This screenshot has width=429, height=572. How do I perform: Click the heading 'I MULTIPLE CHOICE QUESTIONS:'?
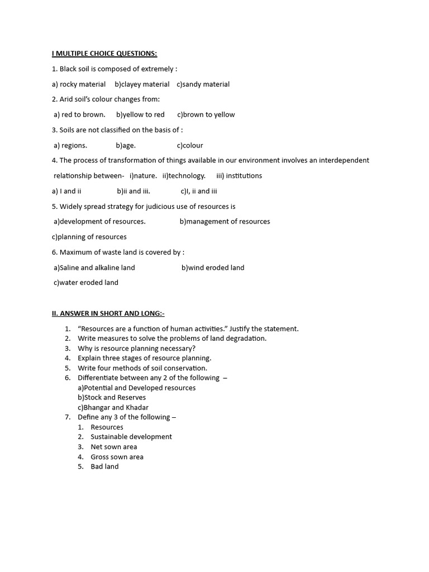click(x=104, y=54)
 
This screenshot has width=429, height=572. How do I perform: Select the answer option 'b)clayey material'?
click(x=142, y=84)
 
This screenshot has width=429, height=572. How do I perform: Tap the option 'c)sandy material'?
click(x=203, y=84)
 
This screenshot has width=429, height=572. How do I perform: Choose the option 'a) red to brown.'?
click(x=79, y=115)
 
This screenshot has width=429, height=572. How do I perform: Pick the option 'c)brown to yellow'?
click(x=206, y=115)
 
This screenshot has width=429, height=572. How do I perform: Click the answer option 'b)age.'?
click(x=126, y=145)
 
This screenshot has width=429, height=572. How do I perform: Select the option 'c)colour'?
click(x=190, y=145)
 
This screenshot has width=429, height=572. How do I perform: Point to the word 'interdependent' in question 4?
click(x=342, y=160)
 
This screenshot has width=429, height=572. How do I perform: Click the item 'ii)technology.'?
click(x=184, y=175)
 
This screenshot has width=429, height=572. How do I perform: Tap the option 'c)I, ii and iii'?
click(x=198, y=191)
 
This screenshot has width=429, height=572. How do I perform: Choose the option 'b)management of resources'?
click(x=225, y=221)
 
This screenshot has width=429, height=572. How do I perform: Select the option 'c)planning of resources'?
click(x=89, y=237)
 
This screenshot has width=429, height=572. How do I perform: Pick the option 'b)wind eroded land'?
click(x=213, y=268)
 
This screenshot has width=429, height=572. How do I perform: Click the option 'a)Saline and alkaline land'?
click(x=94, y=268)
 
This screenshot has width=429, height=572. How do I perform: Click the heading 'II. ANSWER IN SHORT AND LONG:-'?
click(x=108, y=313)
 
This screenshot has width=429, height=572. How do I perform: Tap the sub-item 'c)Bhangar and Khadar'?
click(x=113, y=408)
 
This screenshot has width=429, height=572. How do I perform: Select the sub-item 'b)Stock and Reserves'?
click(x=112, y=398)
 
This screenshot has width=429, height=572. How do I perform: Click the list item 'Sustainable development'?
click(x=131, y=437)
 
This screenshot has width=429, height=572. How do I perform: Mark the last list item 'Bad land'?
click(x=104, y=466)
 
